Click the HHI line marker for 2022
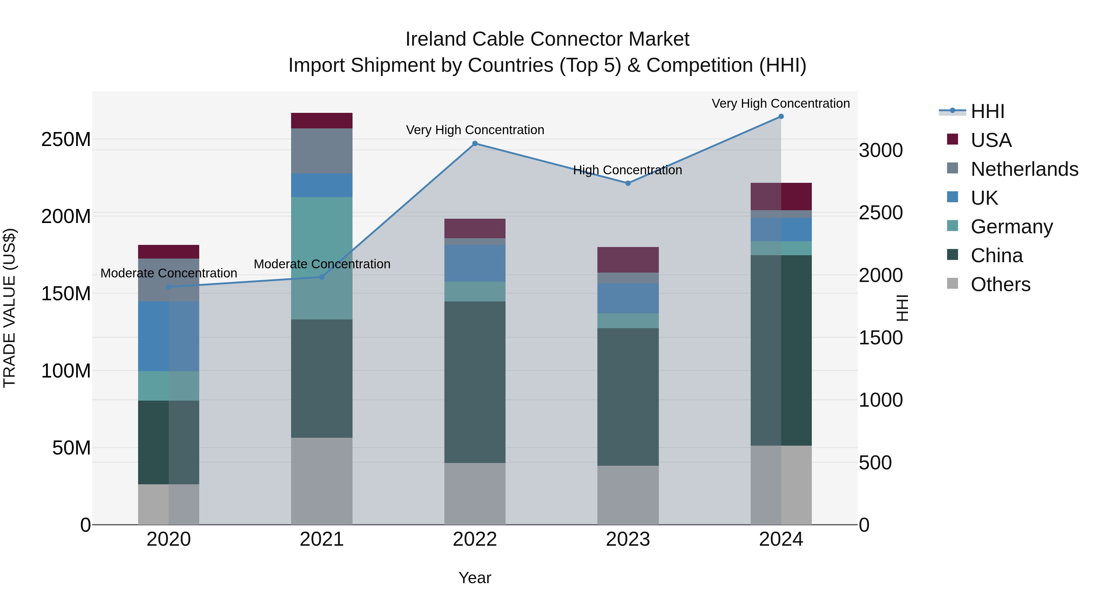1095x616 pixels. (475, 144)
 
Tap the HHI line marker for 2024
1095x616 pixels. (781, 117)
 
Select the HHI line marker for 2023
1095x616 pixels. (628, 183)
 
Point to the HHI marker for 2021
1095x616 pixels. (322, 277)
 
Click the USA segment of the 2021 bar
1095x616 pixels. (322, 121)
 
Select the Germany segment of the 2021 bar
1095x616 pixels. (322, 258)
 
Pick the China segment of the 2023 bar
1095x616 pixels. (628, 397)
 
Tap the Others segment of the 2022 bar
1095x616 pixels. (475, 494)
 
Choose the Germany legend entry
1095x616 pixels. (1011, 227)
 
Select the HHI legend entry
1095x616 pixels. (987, 111)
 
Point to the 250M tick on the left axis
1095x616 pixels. (66, 139)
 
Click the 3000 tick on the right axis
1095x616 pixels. (880, 151)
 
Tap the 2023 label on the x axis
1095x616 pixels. (628, 539)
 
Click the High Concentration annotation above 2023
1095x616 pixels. (627, 170)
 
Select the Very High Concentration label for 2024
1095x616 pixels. (780, 103)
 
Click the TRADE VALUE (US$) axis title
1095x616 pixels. (10, 308)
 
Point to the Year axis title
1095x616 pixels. (475, 578)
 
